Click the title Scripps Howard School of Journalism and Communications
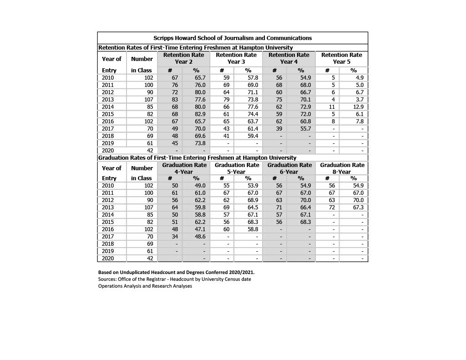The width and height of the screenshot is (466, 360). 232,38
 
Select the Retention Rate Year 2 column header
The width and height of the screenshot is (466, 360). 183,58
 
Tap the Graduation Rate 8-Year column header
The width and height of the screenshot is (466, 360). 342,168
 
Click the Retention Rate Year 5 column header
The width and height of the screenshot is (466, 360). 341,58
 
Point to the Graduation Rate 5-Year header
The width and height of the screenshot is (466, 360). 237,168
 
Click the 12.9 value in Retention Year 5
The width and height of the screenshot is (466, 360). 358,107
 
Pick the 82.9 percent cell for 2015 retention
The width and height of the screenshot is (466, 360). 200,114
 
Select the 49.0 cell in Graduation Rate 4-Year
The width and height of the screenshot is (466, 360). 200,186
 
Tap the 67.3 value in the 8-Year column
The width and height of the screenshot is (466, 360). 358,208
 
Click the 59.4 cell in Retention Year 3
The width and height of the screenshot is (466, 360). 253,136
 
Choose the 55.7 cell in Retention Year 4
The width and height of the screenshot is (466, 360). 305,129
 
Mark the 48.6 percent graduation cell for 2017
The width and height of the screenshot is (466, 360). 200,237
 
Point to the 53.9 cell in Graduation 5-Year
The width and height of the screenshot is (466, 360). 253,186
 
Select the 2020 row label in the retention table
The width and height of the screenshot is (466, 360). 108,151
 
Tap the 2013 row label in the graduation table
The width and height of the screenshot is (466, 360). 108,208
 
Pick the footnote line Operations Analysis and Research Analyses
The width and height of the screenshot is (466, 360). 145,286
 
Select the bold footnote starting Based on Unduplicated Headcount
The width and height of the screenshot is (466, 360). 176,272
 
